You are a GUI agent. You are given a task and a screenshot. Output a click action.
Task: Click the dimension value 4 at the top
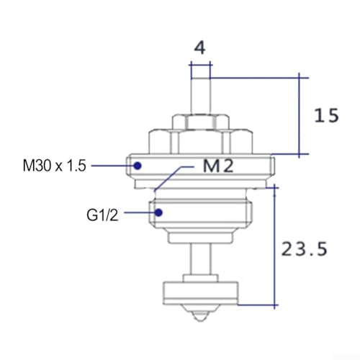(199, 48)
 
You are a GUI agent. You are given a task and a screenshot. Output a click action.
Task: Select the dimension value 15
(326, 115)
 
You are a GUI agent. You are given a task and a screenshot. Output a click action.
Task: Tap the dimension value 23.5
(304, 248)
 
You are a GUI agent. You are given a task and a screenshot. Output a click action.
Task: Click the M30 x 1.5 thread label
(54, 166)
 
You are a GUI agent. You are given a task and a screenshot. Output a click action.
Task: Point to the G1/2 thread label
(102, 215)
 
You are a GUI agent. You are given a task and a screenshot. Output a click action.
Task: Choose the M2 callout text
(218, 166)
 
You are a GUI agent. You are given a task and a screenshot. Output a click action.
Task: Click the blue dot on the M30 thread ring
(138, 166)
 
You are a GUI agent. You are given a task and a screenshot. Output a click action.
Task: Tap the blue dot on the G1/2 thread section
(158, 212)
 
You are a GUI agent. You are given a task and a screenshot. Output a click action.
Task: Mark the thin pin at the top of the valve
(200, 96)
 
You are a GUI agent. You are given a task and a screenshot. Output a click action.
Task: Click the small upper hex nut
(200, 122)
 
